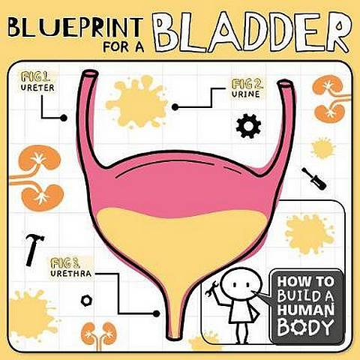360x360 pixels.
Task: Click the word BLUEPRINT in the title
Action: [x=75, y=27]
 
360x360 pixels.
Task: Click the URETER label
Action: [x=37, y=88]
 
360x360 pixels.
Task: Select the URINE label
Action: [x=246, y=94]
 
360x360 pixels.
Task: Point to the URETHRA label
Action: [x=71, y=273]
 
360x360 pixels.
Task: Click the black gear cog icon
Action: [x=248, y=126]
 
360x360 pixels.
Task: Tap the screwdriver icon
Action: [x=314, y=178]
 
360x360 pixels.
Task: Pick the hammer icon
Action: [x=34, y=250]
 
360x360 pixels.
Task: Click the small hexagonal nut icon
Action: [x=86, y=301]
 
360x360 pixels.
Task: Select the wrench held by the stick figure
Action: [x=211, y=289]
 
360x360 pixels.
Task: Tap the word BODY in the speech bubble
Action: [x=305, y=327]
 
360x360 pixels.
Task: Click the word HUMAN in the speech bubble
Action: [x=306, y=310]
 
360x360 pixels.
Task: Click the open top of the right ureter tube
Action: [x=286, y=84]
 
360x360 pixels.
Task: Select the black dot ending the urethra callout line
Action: [x=156, y=313]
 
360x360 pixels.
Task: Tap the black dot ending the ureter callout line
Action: [x=64, y=118]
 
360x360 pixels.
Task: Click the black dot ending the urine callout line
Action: [x=175, y=107]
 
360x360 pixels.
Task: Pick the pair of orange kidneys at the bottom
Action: [x=99, y=334]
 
